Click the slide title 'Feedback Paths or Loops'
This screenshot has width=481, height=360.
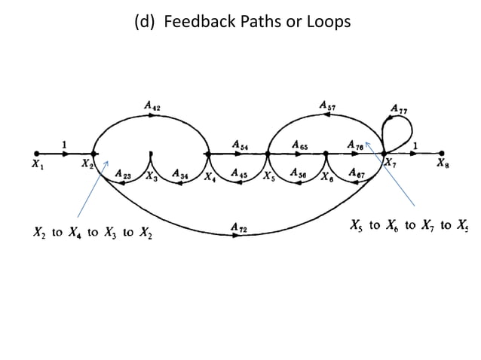tap(241, 22)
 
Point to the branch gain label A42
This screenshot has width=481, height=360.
tap(152, 107)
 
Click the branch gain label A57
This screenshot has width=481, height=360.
tap(328, 107)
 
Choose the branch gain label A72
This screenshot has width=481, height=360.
tap(239, 226)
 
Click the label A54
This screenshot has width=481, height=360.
tap(240, 144)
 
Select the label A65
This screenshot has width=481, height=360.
tap(299, 144)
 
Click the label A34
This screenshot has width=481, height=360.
tap(180, 174)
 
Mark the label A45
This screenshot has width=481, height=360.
tap(239, 174)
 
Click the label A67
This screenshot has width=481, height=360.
tap(357, 174)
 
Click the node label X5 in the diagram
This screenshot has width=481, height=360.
tap(268, 177)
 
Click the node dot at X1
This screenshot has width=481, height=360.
tap(36, 154)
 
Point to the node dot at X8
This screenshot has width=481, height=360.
tap(442, 154)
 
